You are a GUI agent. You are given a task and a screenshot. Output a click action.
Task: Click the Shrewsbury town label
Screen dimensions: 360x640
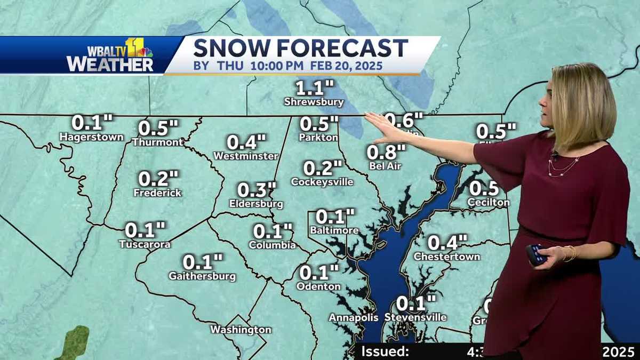314,102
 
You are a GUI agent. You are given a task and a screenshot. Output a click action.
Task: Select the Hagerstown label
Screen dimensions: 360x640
91,137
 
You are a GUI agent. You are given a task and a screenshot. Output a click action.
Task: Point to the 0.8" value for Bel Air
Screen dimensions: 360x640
386,152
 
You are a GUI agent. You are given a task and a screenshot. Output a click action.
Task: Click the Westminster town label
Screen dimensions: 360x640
246,156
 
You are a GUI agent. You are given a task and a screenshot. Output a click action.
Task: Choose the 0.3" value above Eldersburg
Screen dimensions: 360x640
257,190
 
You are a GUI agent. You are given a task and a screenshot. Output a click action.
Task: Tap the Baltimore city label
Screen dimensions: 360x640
334,230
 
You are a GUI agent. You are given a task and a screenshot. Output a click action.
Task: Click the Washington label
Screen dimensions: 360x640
241,330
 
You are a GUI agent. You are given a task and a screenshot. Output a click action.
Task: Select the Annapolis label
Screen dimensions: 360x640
353,317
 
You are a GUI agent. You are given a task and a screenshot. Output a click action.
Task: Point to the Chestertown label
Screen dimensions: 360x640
447,257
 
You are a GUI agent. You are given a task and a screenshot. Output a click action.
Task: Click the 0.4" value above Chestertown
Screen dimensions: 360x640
447,243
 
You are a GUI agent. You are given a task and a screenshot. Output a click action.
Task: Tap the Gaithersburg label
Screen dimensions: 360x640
202,276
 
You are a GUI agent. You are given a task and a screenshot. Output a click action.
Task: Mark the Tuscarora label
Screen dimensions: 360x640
145,244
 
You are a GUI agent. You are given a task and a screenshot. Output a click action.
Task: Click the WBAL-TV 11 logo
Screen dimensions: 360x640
111,55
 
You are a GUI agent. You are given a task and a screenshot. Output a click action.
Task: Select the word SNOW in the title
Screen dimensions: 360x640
237,48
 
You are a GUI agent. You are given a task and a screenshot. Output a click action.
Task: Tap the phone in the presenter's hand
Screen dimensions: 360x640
535,254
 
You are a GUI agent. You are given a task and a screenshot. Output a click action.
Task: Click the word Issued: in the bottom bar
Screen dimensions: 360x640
385,351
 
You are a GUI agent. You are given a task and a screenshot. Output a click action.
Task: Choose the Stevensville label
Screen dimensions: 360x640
415,317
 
